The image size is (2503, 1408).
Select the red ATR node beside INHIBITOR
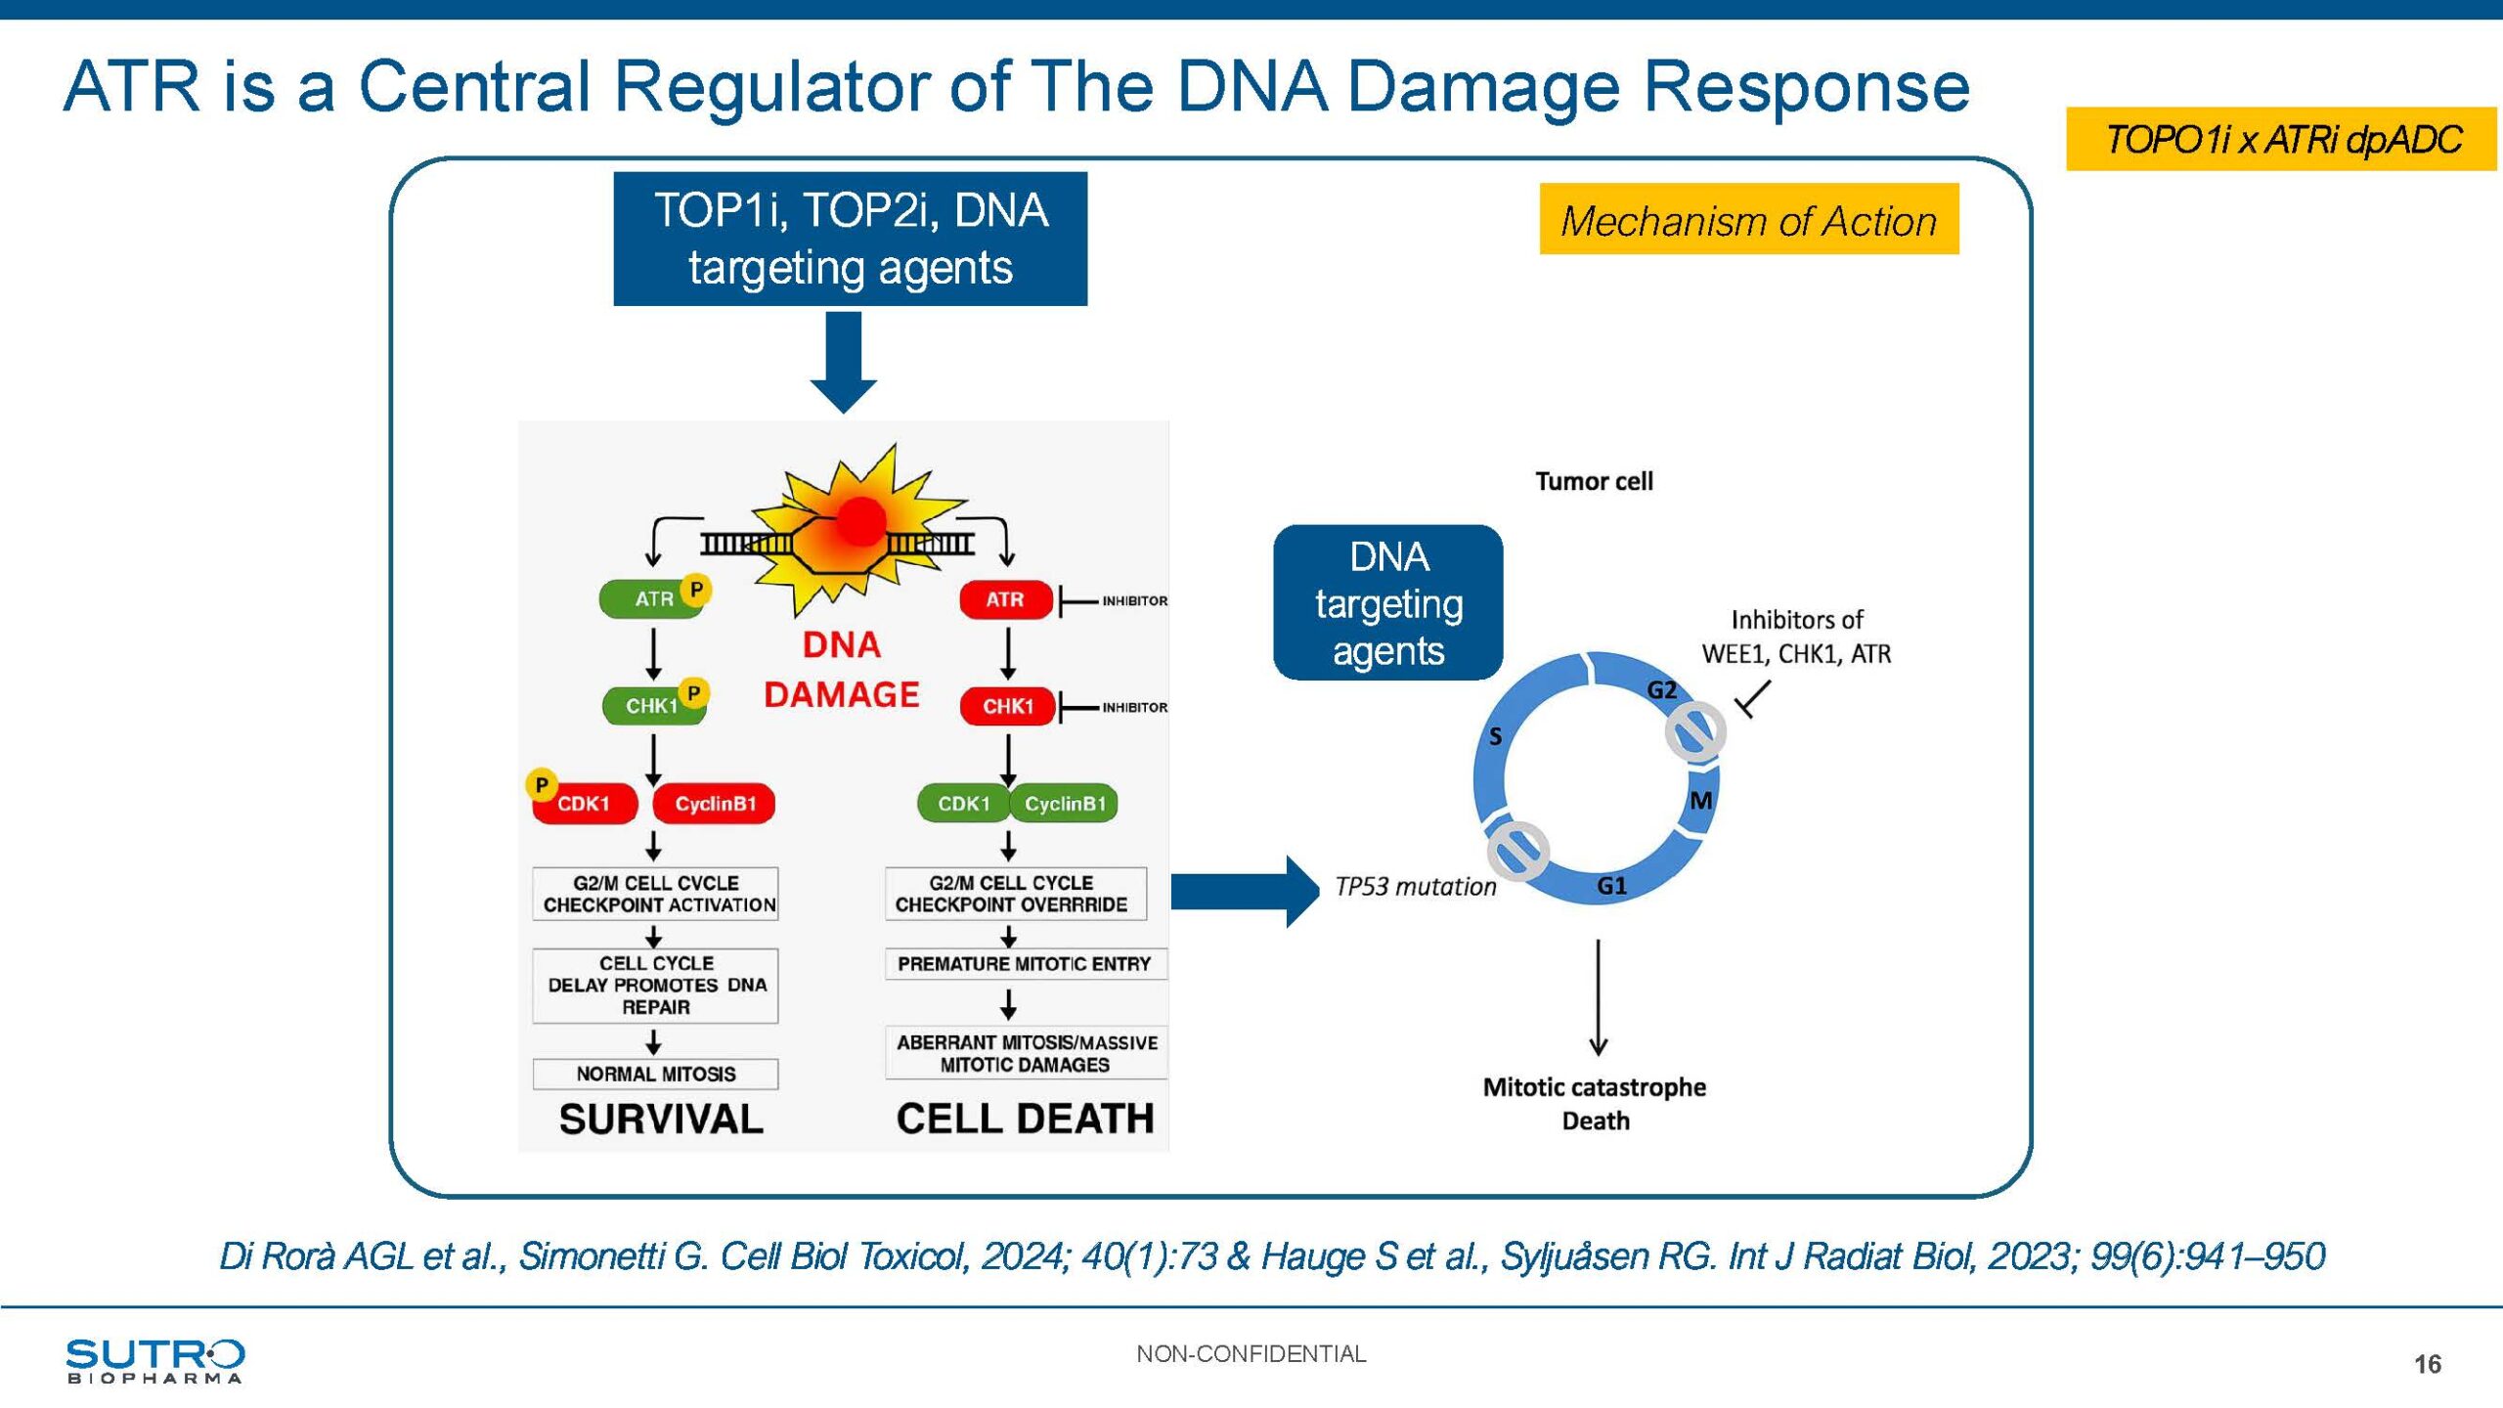(1005, 599)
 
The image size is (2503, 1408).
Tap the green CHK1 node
(652, 705)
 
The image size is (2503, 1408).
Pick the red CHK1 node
(1007, 706)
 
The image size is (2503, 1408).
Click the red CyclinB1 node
(715, 804)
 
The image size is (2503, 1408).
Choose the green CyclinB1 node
(1065, 804)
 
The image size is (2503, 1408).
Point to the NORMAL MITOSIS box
(655, 1074)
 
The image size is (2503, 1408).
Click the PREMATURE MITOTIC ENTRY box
(1024, 964)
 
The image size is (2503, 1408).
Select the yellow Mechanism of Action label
(1748, 220)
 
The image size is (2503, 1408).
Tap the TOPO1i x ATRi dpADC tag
(2281, 139)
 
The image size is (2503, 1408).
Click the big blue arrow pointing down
(844, 362)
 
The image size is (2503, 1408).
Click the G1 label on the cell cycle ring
(1611, 886)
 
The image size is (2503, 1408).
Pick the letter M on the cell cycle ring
(1701, 801)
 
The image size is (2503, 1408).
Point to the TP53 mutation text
(1415, 887)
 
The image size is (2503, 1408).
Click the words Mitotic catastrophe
(1594, 1087)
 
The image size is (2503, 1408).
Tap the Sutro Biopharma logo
(154, 1360)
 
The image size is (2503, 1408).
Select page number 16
(2427, 1364)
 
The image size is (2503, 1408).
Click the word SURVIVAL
(660, 1120)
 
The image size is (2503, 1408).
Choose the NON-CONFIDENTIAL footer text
(1251, 1354)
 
